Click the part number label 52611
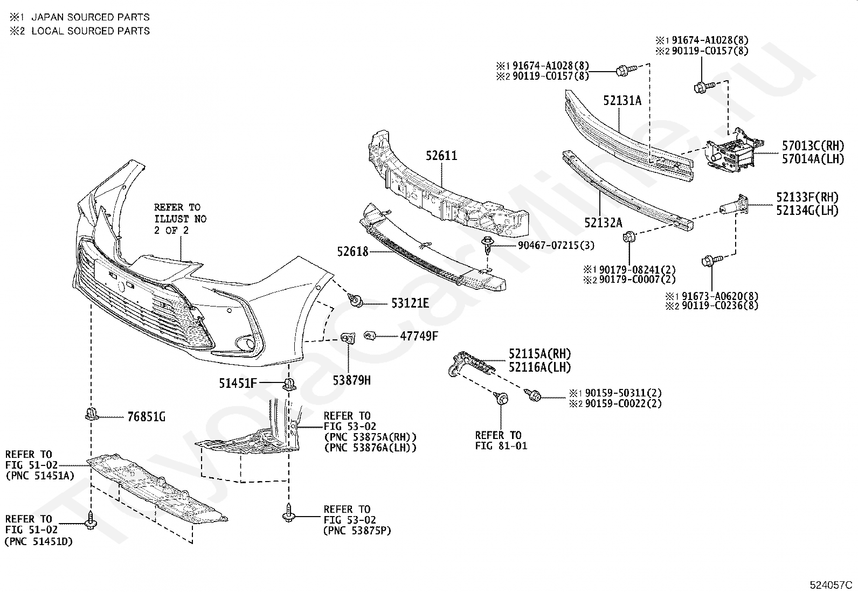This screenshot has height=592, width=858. pos(441,156)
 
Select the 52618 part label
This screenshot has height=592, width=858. pos(352,252)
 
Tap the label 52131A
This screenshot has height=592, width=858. pos(622,100)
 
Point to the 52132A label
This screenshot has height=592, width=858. pos(603,222)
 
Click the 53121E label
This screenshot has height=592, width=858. pos(410,304)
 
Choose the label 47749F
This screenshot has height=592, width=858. pos(419,336)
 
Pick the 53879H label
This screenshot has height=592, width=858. pos(351,380)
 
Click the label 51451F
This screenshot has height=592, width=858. pos(238,384)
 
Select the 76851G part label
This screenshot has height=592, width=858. pos(146,416)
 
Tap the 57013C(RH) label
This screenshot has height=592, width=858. pos(813,145)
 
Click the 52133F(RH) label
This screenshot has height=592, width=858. pos(807,198)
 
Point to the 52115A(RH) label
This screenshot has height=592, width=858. pos(539,354)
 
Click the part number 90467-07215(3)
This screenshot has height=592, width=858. pos(556,246)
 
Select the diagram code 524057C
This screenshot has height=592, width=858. pos(831,584)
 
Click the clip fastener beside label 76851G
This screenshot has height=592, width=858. pos(91,415)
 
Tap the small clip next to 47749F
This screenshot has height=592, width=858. pos(370,336)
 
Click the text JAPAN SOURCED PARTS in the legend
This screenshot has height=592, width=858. pos(91,17)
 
